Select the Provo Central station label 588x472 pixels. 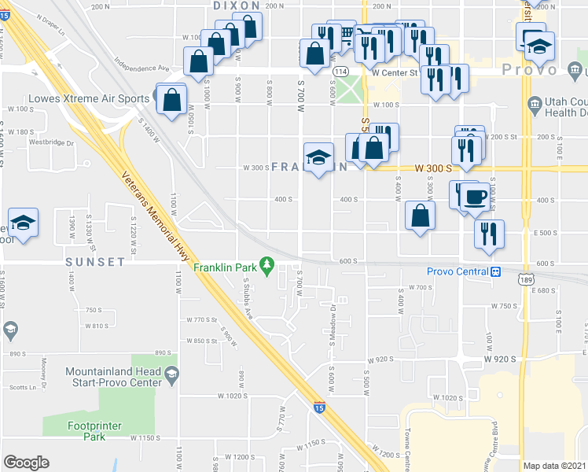pyautogui.click(x=458, y=271)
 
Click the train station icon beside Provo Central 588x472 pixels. pyautogui.click(x=496, y=271)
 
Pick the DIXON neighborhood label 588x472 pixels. pyautogui.click(x=237, y=6)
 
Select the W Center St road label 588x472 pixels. pyautogui.click(x=395, y=72)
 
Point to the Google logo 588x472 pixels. pyautogui.click(x=26, y=463)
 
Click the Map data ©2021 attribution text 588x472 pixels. pyautogui.click(x=555, y=466)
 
